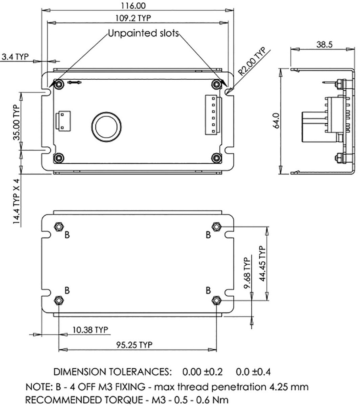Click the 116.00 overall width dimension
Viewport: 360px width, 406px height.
point(135,6)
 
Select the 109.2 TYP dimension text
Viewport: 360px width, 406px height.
point(135,18)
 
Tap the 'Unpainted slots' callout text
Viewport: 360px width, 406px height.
point(144,33)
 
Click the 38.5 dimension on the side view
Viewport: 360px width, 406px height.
point(324,45)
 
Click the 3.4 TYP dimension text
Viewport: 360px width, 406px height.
point(15,57)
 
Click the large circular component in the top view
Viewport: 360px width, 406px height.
point(106,127)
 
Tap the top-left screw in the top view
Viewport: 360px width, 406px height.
point(59,84)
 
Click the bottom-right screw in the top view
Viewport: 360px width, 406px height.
point(216,158)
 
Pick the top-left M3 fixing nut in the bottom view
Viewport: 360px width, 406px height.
point(58,226)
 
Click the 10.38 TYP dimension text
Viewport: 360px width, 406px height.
point(86,329)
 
